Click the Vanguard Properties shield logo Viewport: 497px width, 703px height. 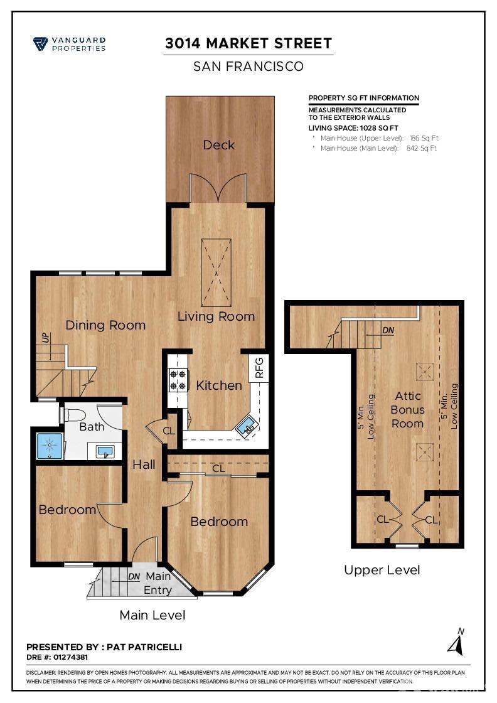(x=40, y=44)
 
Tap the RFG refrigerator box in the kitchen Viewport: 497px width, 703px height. (x=259, y=368)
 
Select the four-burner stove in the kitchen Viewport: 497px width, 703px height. (x=178, y=380)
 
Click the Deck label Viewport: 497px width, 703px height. (x=219, y=145)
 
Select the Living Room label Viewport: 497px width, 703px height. (x=216, y=316)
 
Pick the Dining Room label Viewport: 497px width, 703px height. (x=105, y=325)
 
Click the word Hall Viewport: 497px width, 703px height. (x=144, y=464)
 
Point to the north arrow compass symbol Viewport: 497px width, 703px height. (x=456, y=642)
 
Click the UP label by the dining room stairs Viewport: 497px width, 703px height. (x=46, y=338)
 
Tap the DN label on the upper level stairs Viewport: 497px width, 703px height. (x=388, y=330)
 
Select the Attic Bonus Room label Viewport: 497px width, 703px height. (x=407, y=409)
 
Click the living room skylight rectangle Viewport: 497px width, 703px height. (x=216, y=272)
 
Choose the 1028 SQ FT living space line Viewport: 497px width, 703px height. (x=353, y=128)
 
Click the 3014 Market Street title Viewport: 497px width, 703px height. (x=248, y=43)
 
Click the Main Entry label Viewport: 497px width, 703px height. (x=158, y=583)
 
